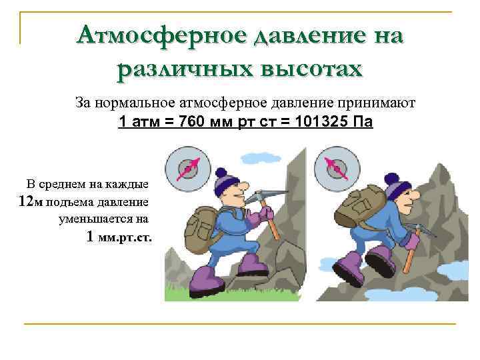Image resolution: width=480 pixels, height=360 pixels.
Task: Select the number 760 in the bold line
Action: [x=194, y=123]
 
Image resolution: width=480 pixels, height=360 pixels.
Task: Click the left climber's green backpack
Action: [x=199, y=227]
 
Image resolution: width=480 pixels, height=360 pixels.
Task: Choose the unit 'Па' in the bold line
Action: [x=365, y=123]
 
